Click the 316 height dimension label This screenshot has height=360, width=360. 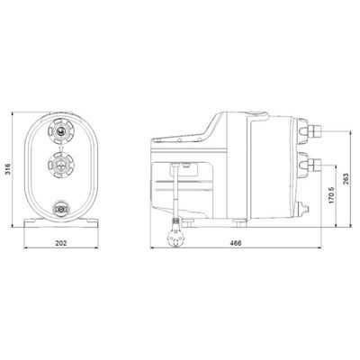tap(8, 170)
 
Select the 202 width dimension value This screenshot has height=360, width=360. tap(61, 243)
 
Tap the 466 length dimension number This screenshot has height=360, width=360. tap(236, 243)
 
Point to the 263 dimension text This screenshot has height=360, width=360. tap(346, 179)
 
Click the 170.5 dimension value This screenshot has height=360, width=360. tap(331, 194)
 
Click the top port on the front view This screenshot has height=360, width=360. tap(61, 130)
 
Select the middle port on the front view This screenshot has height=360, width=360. tap(61, 165)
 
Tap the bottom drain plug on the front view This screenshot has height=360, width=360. tap(61, 208)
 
